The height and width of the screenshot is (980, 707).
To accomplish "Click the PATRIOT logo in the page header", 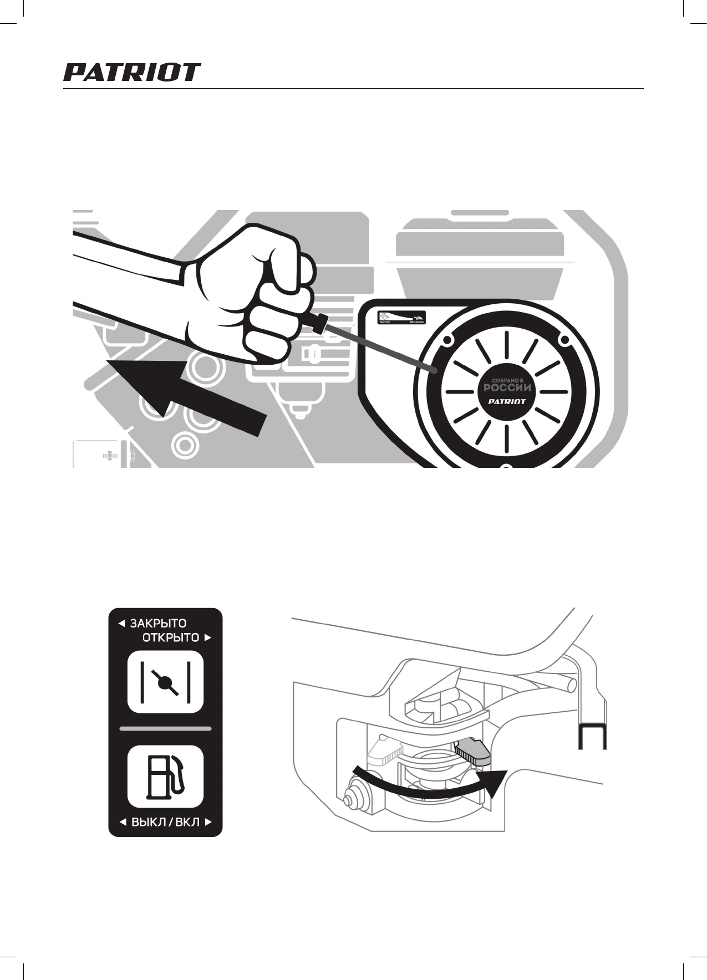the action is tap(131, 73).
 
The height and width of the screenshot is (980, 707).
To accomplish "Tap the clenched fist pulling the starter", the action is tap(250, 294).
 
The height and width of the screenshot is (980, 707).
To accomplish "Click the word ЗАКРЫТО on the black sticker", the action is tap(158, 624).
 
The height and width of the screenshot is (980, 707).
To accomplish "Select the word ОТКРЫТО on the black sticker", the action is tap(171, 637).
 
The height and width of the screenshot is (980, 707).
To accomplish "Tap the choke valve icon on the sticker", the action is tap(165, 682).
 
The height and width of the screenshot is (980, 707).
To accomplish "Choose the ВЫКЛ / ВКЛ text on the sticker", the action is tap(165, 822).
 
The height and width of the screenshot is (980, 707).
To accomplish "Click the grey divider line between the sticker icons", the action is tap(165, 728).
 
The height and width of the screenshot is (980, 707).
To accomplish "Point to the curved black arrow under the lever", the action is tap(427, 788).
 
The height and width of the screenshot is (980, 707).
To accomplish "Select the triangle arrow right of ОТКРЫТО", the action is tap(208, 638).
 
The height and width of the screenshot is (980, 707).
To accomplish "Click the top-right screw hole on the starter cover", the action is tap(564, 339).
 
